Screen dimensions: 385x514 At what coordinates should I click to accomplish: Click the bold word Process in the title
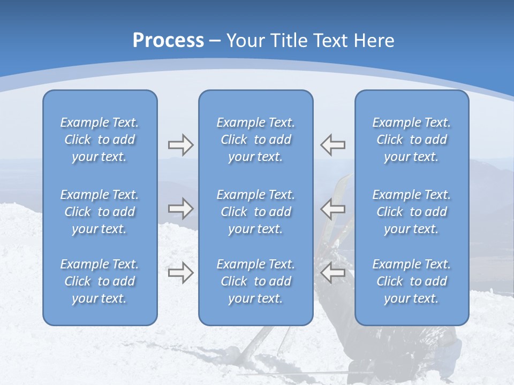(168, 41)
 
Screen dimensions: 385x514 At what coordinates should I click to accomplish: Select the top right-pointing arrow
(180, 145)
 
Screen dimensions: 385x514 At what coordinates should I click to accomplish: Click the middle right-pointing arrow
(180, 209)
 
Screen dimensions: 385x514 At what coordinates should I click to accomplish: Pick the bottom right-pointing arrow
(180, 273)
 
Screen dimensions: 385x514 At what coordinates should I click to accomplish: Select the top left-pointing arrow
(333, 145)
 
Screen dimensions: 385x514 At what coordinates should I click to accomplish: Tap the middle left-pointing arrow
(333, 209)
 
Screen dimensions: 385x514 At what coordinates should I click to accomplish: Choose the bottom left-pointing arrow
(333, 273)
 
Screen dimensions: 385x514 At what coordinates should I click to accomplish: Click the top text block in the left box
(100, 140)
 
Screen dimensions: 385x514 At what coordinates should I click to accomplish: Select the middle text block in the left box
(100, 212)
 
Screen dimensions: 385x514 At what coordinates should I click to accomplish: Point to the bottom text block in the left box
(100, 281)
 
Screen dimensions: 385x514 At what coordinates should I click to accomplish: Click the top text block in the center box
(256, 140)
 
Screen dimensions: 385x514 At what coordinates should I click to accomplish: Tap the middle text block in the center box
(256, 212)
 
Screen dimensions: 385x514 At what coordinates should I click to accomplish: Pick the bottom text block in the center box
(256, 281)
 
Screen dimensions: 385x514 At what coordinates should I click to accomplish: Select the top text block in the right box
(412, 140)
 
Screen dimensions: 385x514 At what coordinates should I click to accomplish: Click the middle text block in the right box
(412, 212)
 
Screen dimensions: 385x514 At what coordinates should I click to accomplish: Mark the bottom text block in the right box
(412, 281)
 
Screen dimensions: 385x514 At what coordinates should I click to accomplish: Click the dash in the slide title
(215, 41)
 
